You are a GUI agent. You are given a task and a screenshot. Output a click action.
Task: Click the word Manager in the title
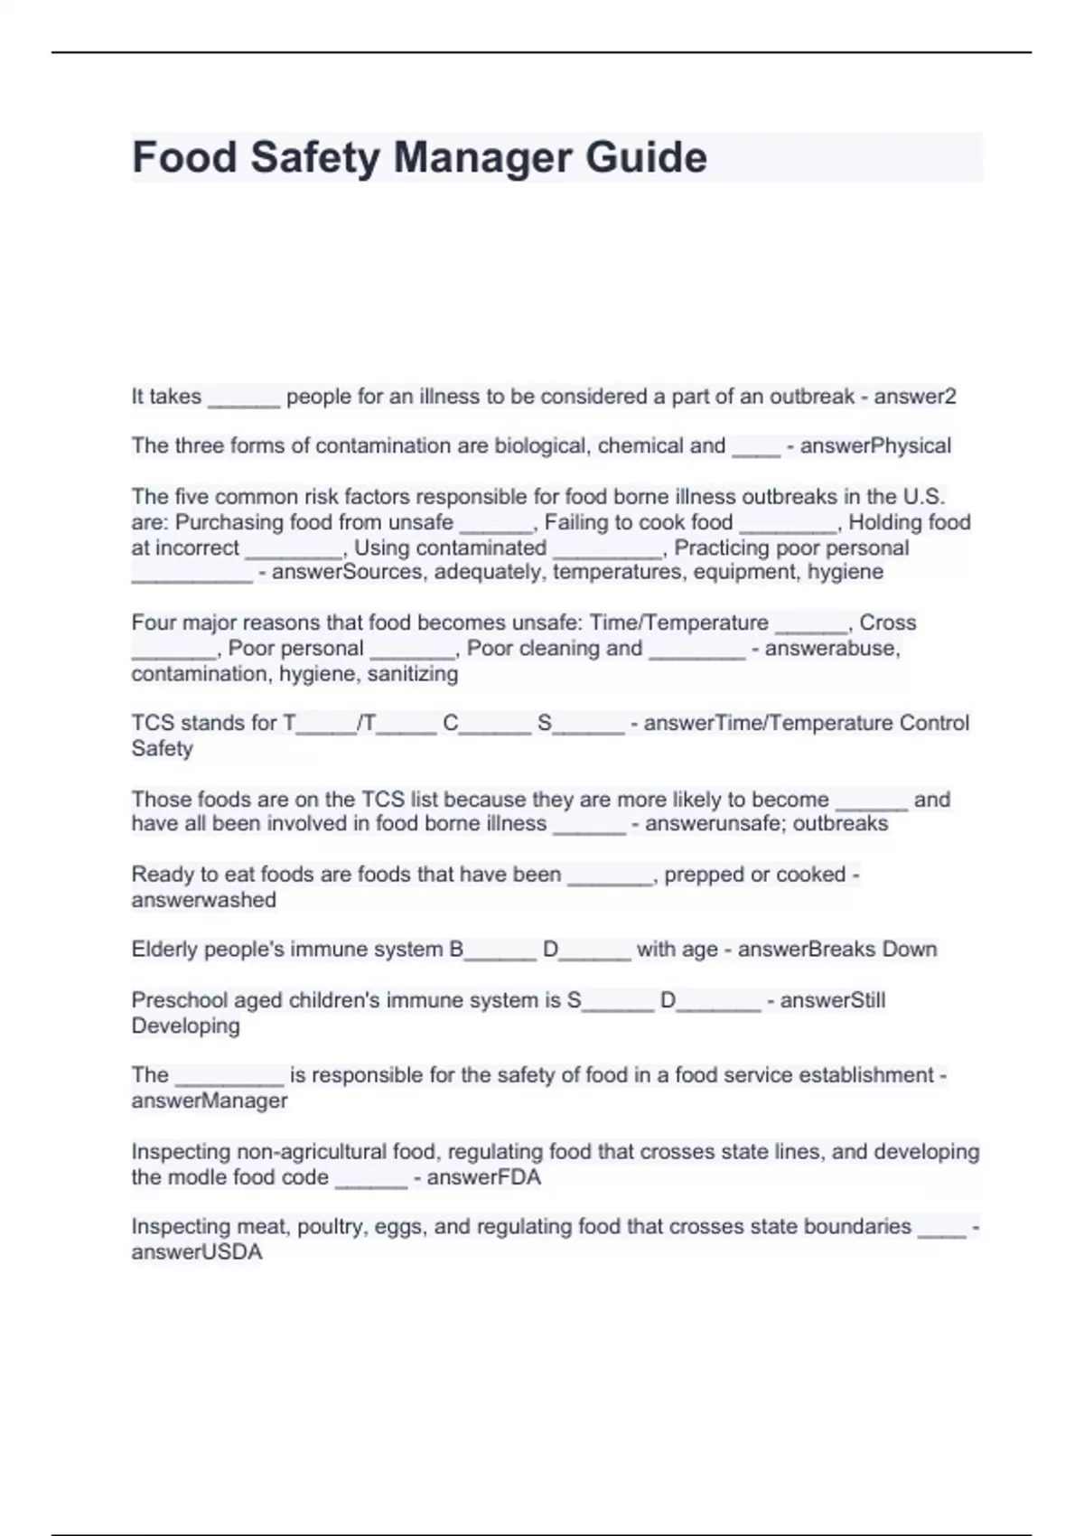(483, 158)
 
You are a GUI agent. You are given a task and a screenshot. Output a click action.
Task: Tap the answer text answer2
(914, 397)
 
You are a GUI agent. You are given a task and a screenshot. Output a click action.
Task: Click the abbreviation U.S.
(923, 497)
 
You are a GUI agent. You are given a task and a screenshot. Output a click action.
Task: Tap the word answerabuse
(832, 649)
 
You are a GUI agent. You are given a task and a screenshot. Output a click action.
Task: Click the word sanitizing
(413, 674)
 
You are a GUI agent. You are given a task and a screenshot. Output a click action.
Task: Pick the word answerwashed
(204, 900)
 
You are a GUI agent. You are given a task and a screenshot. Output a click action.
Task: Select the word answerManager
(210, 1100)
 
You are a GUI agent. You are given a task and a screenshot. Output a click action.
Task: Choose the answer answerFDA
(483, 1177)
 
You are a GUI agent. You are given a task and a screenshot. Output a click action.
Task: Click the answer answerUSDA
(197, 1252)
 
